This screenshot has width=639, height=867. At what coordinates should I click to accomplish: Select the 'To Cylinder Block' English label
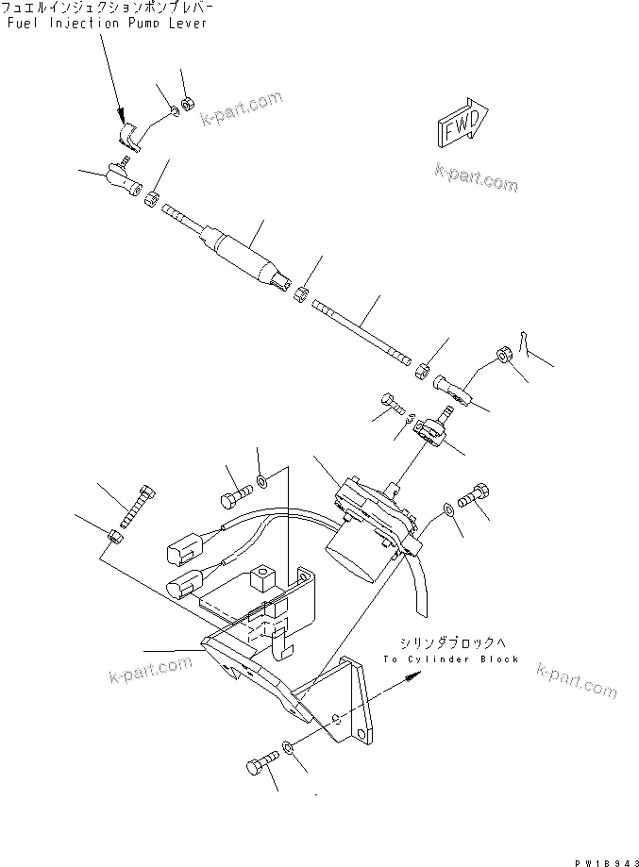[x=451, y=659]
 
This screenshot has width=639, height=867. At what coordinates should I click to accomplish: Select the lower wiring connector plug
[x=181, y=589]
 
